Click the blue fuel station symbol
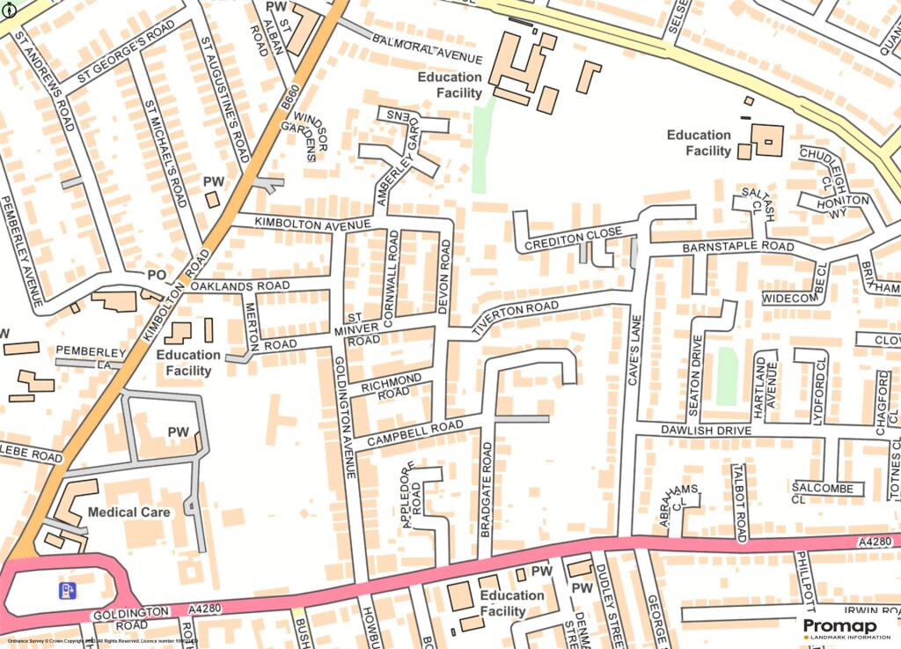pos(67,590)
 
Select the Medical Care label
pos(128,512)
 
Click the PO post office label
pos(157,276)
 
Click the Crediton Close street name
pos(574,238)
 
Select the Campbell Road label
pos(414,432)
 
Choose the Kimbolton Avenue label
pos(300,225)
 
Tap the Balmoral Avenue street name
pos(428,48)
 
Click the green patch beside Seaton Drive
pos(726,376)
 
